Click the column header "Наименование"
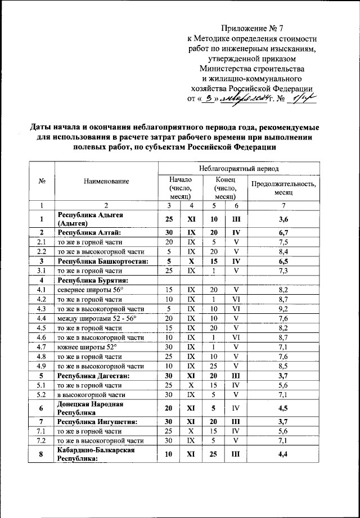coord(106,181)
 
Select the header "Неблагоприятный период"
coord(238,168)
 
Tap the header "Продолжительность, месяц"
coord(283,187)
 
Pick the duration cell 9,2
coord(283,309)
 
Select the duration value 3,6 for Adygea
coord(283,218)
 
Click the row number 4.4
coord(41,318)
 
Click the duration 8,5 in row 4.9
coord(283,366)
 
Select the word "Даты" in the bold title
coord(42,127)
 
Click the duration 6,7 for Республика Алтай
coord(283,232)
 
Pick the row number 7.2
coord(41,440)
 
